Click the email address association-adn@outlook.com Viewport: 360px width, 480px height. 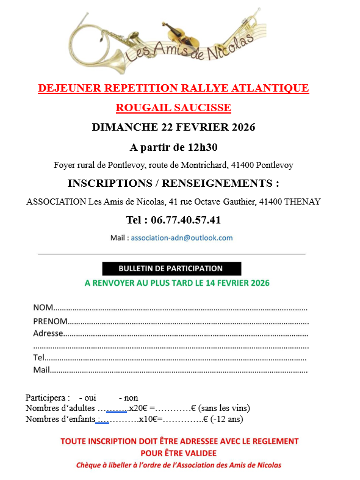(x=182, y=238)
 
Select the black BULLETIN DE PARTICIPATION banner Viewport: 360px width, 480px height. (x=171, y=268)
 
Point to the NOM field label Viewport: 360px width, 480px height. (x=43, y=307)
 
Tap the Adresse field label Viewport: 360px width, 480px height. (x=48, y=333)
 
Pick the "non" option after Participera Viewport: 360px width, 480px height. (x=131, y=398)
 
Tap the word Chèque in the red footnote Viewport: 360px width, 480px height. (x=89, y=465)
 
